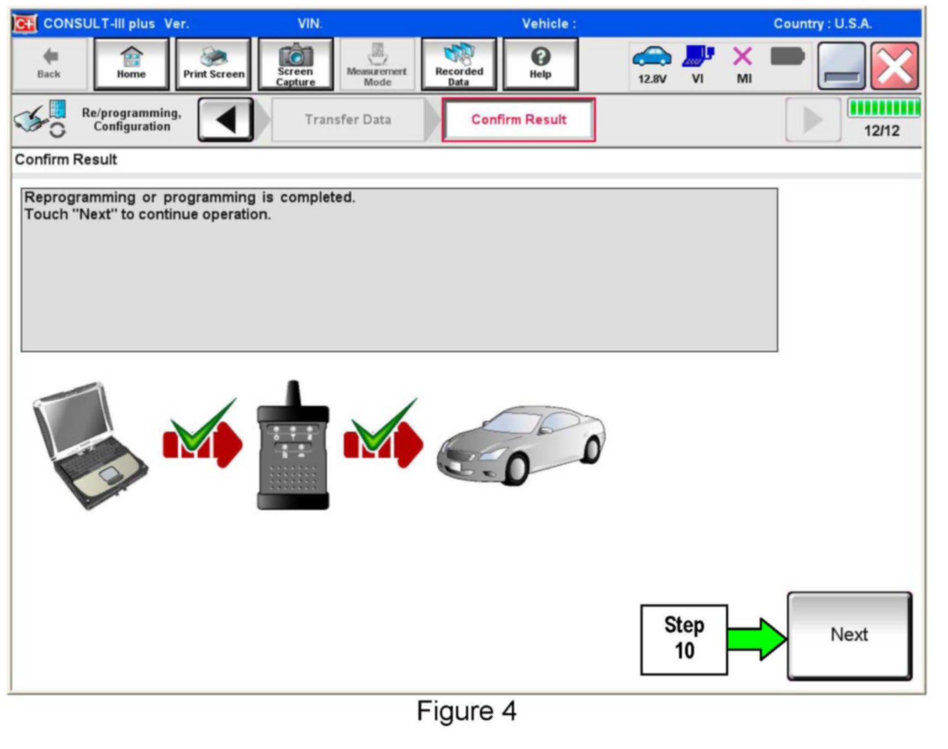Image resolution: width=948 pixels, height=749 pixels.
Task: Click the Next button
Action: pyautogui.click(x=849, y=635)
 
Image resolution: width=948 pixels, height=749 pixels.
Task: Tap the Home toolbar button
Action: pyautogui.click(x=131, y=64)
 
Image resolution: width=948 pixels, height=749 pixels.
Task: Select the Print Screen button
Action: pyautogui.click(x=213, y=64)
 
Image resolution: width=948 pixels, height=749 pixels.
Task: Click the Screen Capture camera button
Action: pyautogui.click(x=295, y=64)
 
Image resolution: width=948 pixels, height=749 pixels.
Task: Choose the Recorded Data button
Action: pyautogui.click(x=458, y=64)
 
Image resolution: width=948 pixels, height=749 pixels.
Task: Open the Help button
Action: pyautogui.click(x=540, y=64)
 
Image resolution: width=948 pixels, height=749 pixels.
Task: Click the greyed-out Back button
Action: pyautogui.click(x=49, y=64)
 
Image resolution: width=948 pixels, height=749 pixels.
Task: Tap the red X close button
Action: pyautogui.click(x=894, y=66)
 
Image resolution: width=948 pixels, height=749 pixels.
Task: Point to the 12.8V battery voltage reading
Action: pyautogui.click(x=652, y=79)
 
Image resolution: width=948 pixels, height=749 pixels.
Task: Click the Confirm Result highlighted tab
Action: pyautogui.click(x=518, y=120)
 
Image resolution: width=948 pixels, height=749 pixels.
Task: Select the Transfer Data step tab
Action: pyautogui.click(x=348, y=120)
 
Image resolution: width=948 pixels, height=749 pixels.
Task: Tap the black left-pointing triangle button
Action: pyautogui.click(x=226, y=120)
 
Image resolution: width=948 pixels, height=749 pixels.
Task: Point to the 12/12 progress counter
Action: pyautogui.click(x=882, y=131)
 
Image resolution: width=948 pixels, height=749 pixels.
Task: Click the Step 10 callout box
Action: pyautogui.click(x=684, y=639)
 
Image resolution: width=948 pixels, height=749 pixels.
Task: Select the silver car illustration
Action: pyautogui.click(x=521, y=444)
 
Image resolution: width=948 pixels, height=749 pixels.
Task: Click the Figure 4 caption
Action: pyautogui.click(x=467, y=711)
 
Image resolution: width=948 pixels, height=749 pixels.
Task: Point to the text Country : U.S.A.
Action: pyautogui.click(x=822, y=24)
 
